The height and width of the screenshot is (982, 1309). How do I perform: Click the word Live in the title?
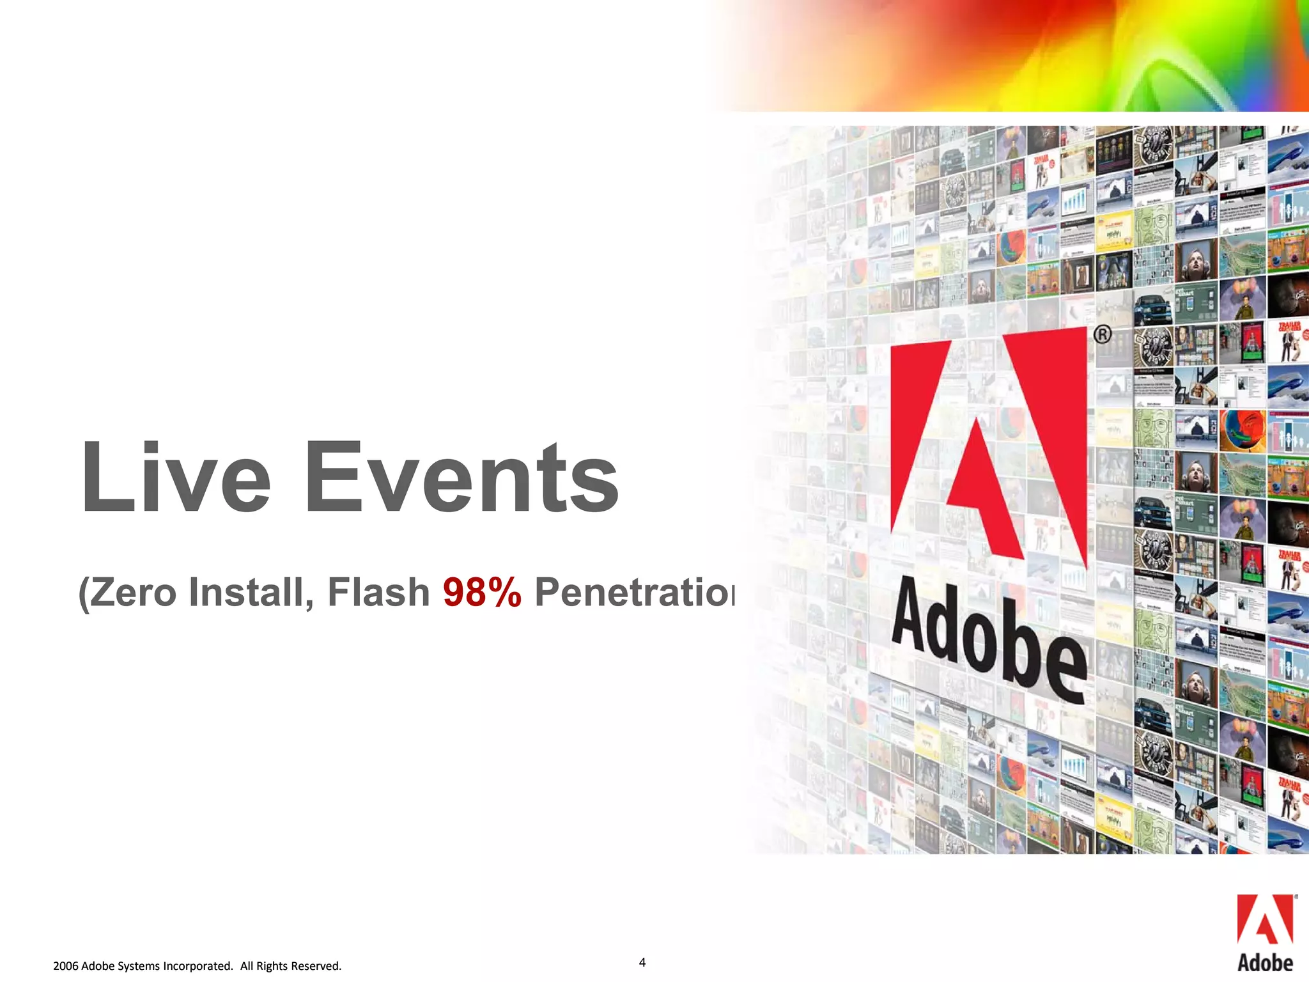[176, 478]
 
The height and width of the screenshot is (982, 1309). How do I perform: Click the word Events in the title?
[461, 478]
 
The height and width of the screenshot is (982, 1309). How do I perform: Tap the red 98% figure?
[482, 592]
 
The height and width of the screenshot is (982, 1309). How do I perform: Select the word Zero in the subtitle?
[133, 592]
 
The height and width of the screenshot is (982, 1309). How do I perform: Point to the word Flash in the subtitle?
[378, 592]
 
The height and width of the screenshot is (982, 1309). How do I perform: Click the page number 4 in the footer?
[642, 962]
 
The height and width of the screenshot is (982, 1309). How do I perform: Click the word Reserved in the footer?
[316, 966]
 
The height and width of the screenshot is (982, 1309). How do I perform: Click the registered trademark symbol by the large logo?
[1102, 334]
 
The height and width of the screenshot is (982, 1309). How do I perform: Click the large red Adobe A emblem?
[988, 448]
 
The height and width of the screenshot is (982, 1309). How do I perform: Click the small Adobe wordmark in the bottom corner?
[1265, 963]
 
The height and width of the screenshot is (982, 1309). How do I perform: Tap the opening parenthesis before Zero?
[83, 593]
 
